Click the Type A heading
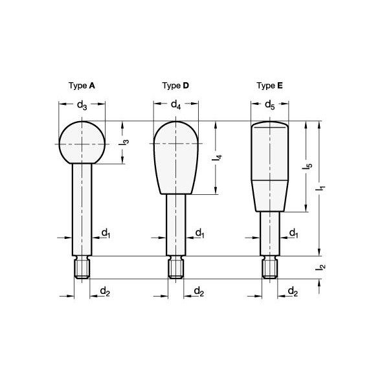82,85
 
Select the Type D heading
175,85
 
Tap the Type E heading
270,85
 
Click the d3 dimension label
82,106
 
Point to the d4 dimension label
176,105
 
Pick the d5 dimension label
270,105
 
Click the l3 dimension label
124,142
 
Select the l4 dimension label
217,157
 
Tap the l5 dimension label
307,166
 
